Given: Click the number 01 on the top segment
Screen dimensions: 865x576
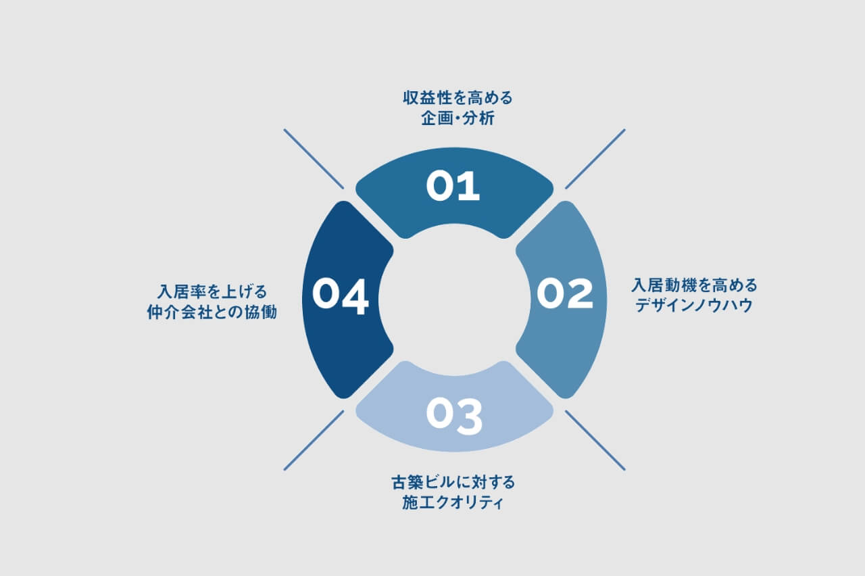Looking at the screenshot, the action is point(453,186).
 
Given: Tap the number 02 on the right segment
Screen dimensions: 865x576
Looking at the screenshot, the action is point(565,293).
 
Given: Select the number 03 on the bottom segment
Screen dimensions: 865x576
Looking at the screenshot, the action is point(454,416).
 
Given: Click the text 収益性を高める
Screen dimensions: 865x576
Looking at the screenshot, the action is point(458,98).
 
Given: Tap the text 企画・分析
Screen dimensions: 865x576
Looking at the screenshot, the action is point(458,118).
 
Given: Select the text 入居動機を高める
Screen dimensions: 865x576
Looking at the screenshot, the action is point(694,285).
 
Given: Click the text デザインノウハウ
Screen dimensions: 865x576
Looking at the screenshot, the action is point(694,306).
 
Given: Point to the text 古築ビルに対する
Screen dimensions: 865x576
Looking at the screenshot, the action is point(453,482).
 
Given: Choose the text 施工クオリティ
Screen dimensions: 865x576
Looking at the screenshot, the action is point(453,502).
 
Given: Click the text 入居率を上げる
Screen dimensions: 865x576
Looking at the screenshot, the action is point(212,291).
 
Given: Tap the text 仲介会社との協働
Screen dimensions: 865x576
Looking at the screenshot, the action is point(212,312).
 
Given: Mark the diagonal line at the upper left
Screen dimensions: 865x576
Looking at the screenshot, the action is point(314,159).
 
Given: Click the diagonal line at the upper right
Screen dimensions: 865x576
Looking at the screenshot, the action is point(595,159).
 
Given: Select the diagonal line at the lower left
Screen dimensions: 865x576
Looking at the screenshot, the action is point(314,440).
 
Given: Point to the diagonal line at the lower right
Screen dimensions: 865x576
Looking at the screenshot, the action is point(595,440).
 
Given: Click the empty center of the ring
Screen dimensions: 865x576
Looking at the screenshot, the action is point(455,299).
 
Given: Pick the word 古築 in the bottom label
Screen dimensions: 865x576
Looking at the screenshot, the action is point(407,482).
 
